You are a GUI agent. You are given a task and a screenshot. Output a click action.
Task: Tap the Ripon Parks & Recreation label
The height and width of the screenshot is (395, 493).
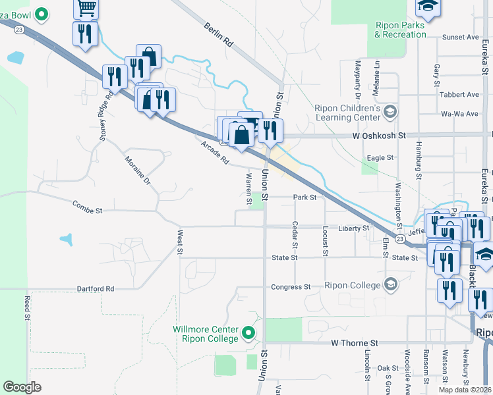401,30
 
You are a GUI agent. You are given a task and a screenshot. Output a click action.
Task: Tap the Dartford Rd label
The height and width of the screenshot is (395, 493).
96,288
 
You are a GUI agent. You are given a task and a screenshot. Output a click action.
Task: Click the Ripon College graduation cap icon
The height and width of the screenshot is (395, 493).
390,284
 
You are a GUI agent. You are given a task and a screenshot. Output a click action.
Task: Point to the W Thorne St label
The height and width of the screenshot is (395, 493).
355,343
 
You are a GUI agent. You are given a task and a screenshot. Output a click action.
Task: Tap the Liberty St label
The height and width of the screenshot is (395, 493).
354,228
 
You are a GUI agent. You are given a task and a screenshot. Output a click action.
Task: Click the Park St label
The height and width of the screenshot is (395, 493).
305,197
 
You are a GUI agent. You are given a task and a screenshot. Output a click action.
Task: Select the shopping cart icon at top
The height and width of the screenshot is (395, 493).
86,8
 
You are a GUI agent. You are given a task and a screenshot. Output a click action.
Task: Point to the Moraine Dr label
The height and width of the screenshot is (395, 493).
138,171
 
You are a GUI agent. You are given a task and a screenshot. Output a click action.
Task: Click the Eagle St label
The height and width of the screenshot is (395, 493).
380,158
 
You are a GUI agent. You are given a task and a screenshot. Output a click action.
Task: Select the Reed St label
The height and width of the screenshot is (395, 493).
28,307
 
